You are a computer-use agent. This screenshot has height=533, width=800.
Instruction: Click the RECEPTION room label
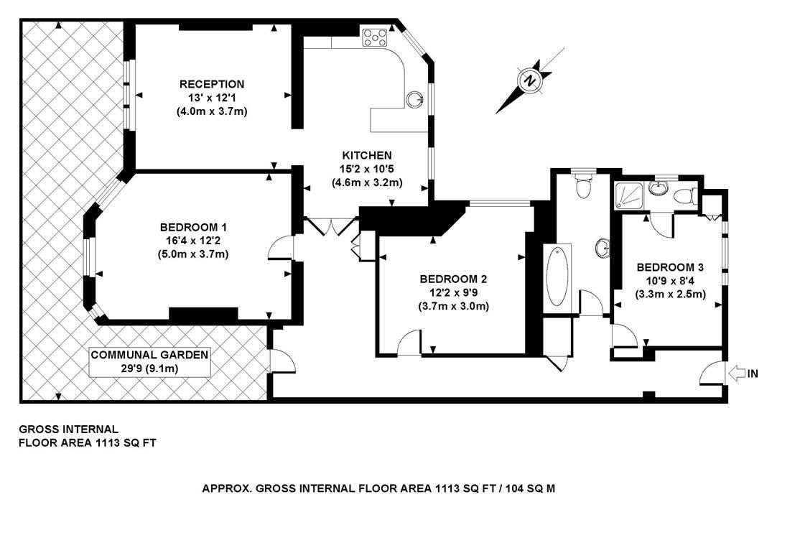tap(212, 84)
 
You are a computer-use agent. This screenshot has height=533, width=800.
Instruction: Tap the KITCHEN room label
tap(366, 155)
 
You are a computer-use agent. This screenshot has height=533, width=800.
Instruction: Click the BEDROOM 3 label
tap(670, 266)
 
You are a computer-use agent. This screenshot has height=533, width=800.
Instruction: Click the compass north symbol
tap(530, 80)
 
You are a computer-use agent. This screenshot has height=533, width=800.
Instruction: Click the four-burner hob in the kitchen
tap(375, 37)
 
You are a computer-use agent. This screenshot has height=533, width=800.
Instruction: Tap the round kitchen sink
tap(415, 99)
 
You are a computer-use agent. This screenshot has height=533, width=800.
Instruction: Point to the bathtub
tap(557, 277)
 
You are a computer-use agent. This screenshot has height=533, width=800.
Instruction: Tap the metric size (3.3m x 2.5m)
tap(670, 294)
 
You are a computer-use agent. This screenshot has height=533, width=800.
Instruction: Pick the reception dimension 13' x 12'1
tap(212, 98)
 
